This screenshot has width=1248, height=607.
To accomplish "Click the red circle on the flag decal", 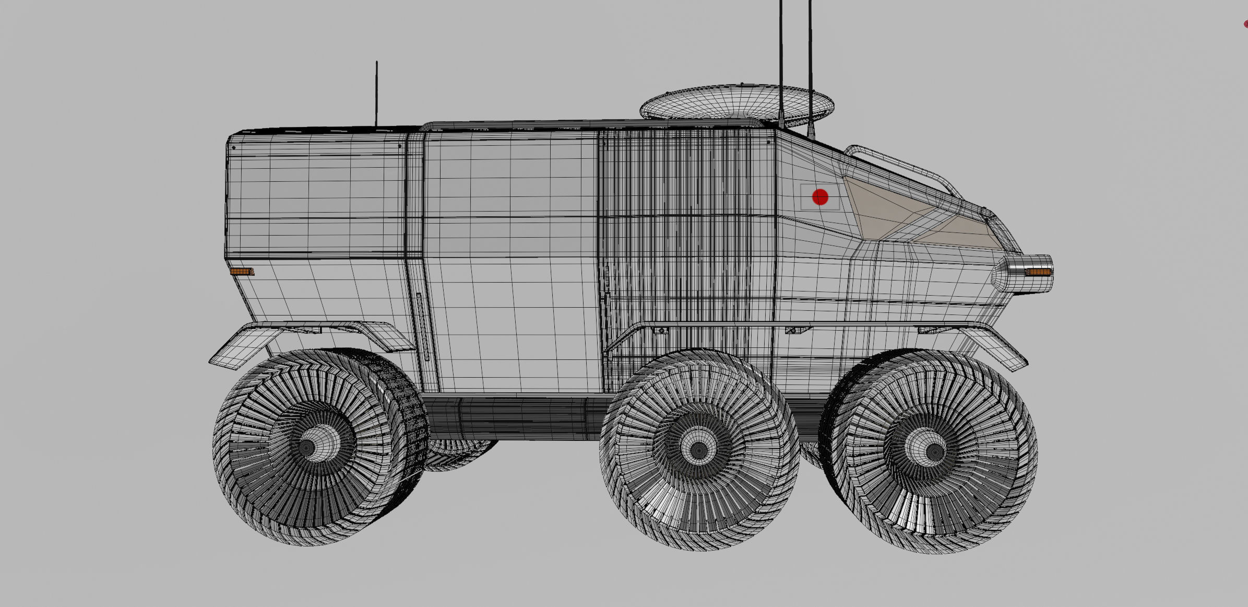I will [820, 197].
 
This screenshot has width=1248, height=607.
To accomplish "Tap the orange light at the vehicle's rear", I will [242, 272].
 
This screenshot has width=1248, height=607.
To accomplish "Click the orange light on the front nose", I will [1038, 272].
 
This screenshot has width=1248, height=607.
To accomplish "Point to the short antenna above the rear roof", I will [376, 94].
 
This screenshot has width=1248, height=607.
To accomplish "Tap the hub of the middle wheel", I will [698, 449].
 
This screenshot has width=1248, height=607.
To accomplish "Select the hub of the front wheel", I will [934, 451].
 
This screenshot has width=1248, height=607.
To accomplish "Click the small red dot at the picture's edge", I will [1245, 24].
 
